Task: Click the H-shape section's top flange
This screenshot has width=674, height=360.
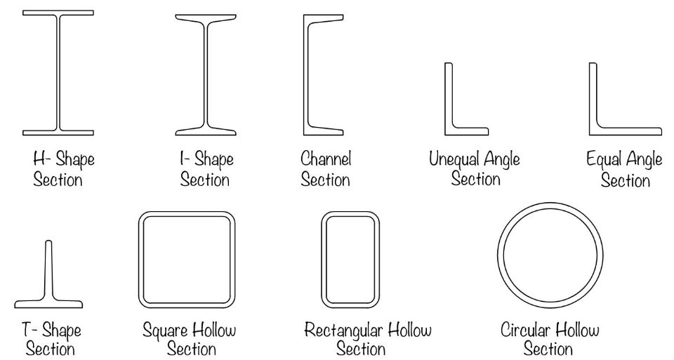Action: coord(58,13)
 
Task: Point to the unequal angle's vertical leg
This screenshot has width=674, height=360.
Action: coord(448,95)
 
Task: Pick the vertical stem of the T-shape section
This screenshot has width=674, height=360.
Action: coord(48,270)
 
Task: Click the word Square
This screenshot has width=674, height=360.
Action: coord(164,329)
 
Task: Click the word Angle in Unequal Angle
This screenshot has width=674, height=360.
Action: coord(501,159)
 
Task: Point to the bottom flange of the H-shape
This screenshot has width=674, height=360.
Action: coord(58,132)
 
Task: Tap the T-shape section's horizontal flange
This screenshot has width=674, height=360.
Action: coord(48,304)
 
